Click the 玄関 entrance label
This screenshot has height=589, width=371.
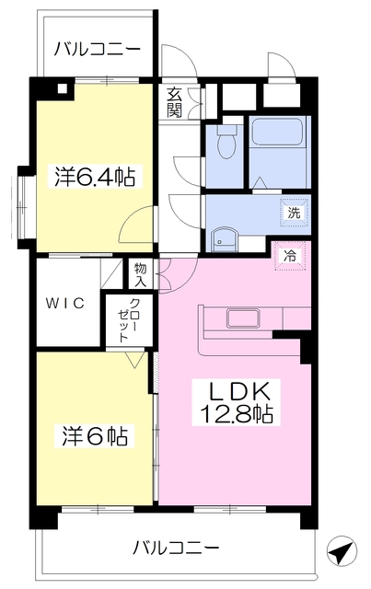click(x=174, y=102)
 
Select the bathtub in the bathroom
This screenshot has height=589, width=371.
click(x=277, y=132)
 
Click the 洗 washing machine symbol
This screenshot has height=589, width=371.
click(x=295, y=213)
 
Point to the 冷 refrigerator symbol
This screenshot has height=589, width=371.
click(x=289, y=257)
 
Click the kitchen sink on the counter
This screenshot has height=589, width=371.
click(x=243, y=318)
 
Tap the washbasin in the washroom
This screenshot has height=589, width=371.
click(x=224, y=241)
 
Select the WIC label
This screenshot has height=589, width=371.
click(x=65, y=303)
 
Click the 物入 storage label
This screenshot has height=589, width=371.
click(x=141, y=275)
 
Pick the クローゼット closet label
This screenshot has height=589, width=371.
click(x=128, y=320)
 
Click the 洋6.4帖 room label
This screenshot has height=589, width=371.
click(x=95, y=177)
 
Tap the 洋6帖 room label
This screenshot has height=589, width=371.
click(x=95, y=435)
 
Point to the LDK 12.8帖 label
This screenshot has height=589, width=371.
click(x=237, y=402)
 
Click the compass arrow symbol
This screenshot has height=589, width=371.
click(x=342, y=552)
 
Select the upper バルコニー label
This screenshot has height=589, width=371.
click(x=98, y=50)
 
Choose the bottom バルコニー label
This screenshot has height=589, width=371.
click(x=176, y=549)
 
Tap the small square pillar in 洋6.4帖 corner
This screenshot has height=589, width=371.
click(x=63, y=88)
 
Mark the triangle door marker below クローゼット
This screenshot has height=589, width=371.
click(x=134, y=360)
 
